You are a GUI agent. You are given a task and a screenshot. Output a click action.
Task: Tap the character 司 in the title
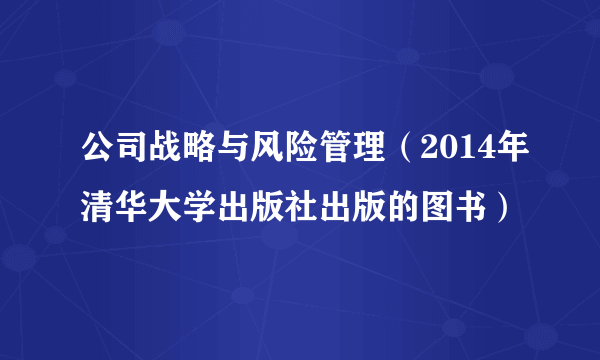[x=132, y=154]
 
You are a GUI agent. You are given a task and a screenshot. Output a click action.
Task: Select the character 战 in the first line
[x=166, y=154]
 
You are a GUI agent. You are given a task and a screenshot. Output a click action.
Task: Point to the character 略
[x=200, y=154]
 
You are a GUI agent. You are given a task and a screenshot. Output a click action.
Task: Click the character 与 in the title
[x=234, y=154]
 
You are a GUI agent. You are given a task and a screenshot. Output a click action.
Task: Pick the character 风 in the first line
[x=268, y=154]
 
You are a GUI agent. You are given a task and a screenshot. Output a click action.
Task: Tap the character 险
[x=302, y=154]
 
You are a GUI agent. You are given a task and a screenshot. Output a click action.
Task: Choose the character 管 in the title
[x=336, y=154]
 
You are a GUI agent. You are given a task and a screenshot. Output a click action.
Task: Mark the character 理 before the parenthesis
[x=370, y=154]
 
